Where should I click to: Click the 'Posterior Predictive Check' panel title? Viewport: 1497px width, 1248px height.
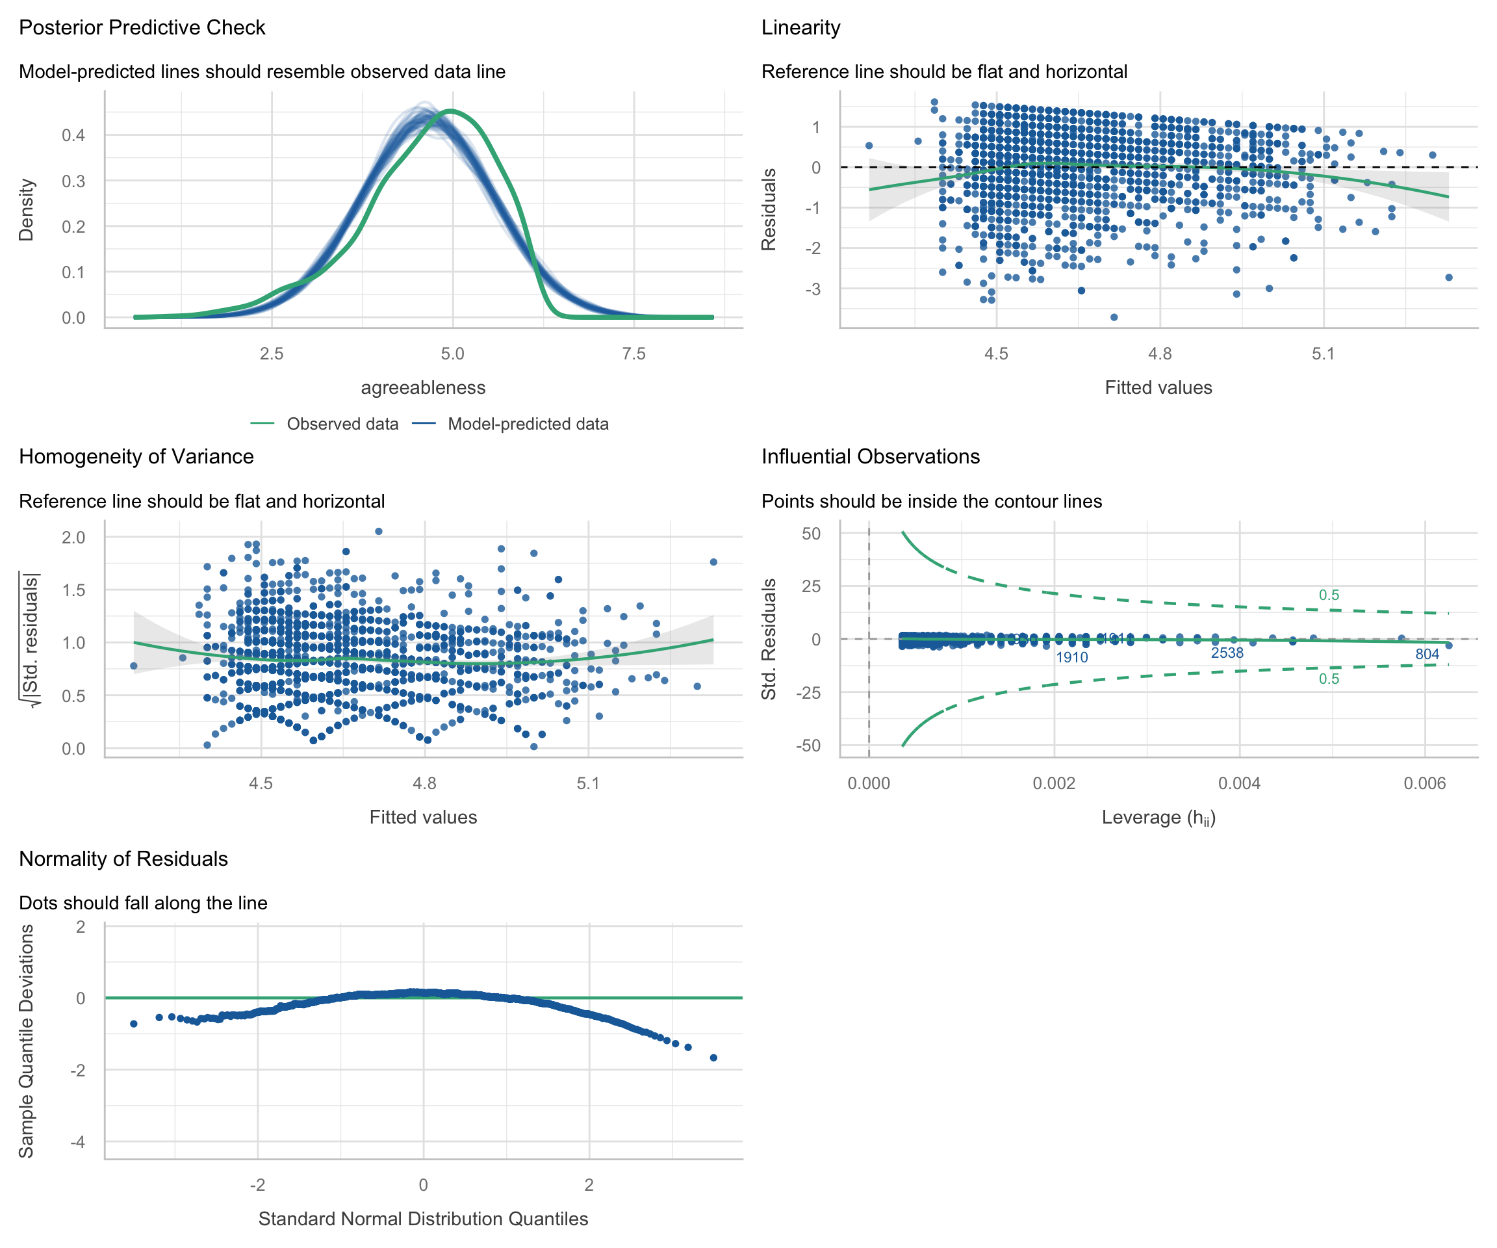(142, 28)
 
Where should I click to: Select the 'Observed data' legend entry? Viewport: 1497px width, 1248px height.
(342, 424)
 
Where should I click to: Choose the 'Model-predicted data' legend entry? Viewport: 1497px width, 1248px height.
(528, 424)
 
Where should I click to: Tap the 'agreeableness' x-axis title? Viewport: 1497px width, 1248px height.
(423, 388)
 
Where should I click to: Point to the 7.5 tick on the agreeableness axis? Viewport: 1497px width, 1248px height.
(633, 354)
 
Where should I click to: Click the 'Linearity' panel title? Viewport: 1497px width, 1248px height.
(800, 28)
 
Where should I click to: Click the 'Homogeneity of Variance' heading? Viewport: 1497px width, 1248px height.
(136, 456)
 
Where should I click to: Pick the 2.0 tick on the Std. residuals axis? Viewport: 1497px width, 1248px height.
(73, 537)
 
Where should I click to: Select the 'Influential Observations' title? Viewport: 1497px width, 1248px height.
(871, 456)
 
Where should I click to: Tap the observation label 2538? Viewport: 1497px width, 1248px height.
(1227, 653)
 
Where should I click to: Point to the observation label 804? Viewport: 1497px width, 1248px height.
(1427, 655)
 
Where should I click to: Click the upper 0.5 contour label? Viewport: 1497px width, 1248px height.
(1329, 595)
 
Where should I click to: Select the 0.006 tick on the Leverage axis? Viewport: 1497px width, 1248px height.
(1425, 784)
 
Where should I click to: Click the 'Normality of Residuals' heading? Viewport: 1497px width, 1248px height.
(123, 859)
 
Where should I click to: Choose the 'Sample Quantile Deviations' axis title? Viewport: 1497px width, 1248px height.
(27, 1041)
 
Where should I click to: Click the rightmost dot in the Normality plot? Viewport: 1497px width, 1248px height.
(713, 1058)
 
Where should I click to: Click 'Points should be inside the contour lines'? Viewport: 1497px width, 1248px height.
(932, 501)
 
